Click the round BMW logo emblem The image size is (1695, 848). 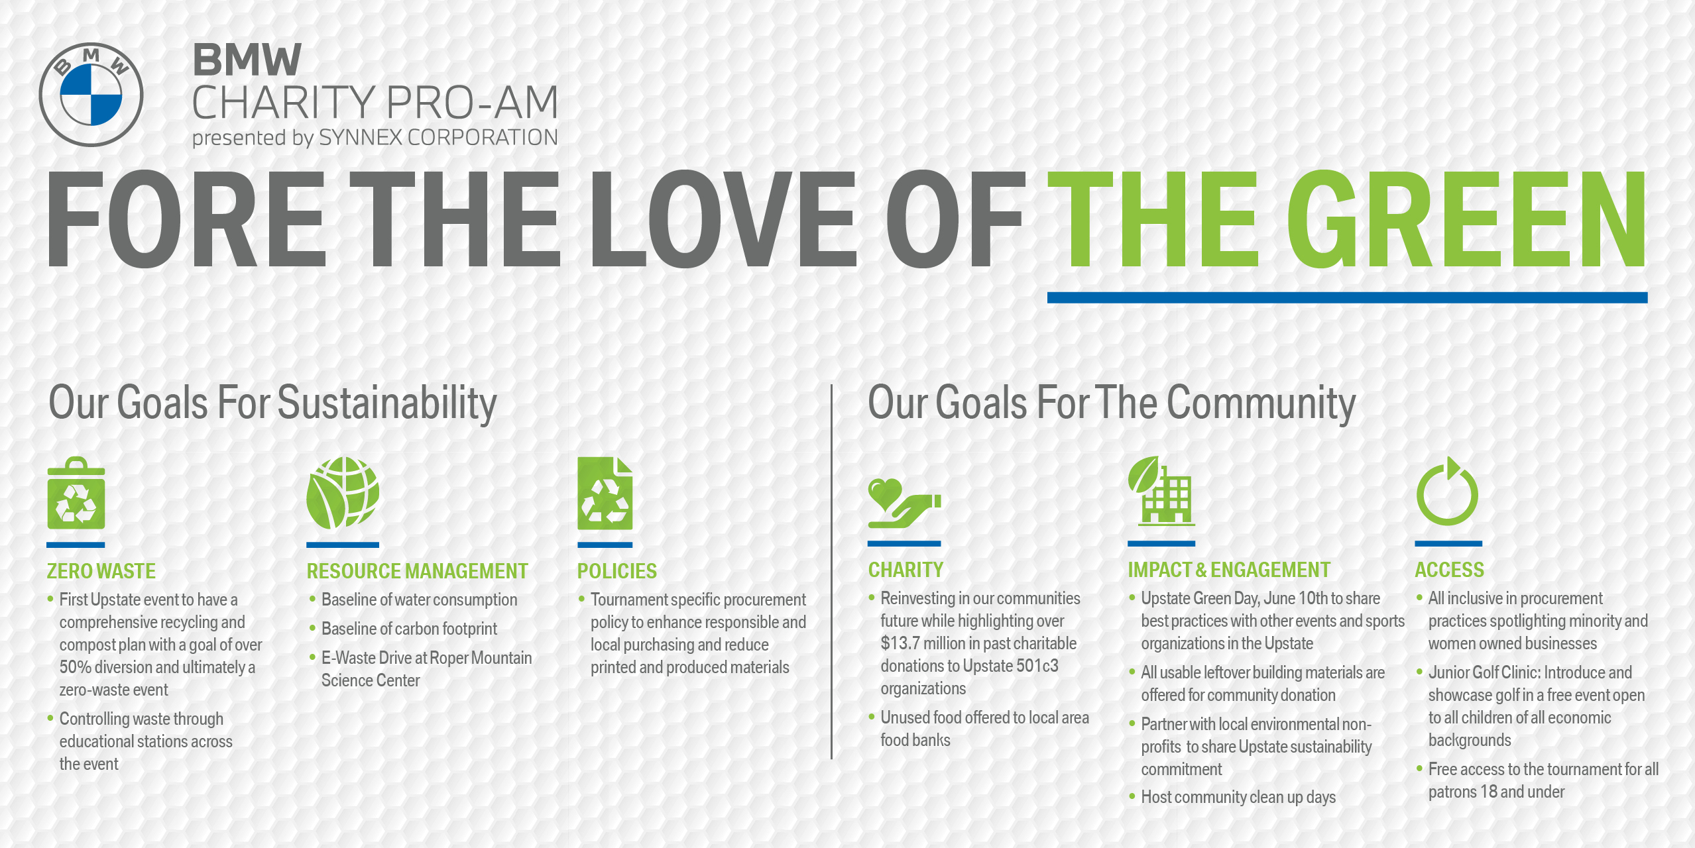click(91, 95)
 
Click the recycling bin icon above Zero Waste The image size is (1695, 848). click(76, 493)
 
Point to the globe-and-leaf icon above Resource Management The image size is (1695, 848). click(343, 493)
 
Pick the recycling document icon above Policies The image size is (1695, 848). click(605, 493)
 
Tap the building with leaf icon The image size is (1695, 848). click(1161, 491)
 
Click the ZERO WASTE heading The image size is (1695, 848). click(101, 571)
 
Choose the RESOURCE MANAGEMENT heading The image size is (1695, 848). click(417, 571)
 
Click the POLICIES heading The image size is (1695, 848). click(616, 571)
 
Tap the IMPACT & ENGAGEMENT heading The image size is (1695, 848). click(1229, 570)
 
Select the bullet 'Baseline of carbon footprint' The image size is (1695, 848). click(409, 629)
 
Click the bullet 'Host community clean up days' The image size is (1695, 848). click(1238, 797)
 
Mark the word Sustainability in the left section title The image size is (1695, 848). click(386, 403)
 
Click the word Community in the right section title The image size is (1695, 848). click(1261, 403)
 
